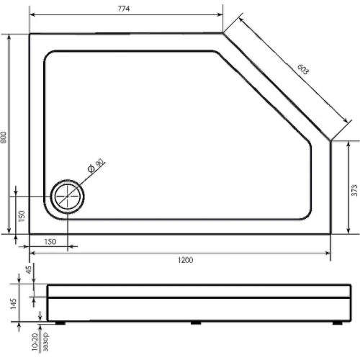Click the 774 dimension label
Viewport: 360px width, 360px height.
(x=124, y=9)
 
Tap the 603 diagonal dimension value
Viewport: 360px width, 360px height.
(x=303, y=69)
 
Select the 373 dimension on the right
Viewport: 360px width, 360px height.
(x=354, y=190)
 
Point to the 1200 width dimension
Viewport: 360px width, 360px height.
(x=185, y=260)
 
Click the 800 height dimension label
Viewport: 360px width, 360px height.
(x=4, y=138)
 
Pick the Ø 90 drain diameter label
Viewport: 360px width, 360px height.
(x=96, y=166)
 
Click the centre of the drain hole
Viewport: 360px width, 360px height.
(x=67, y=196)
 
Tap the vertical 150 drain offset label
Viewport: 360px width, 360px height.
(x=22, y=216)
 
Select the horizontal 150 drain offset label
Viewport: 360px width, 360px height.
(x=50, y=241)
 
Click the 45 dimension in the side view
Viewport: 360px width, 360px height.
(x=29, y=270)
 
